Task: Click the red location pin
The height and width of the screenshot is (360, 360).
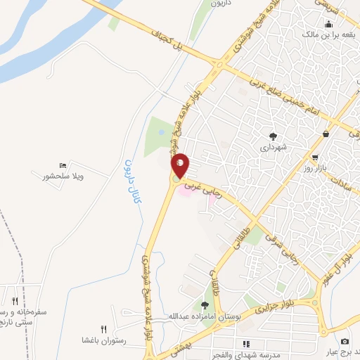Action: pyautogui.click(x=181, y=166)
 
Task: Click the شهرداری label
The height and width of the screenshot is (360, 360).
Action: pyautogui.click(x=273, y=148)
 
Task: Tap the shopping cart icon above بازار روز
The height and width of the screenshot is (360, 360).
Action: pyautogui.click(x=315, y=157)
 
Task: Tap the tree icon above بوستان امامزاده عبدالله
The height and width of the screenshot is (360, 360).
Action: pyautogui.click(x=205, y=305)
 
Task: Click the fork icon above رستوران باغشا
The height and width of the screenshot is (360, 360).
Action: pyautogui.click(x=104, y=329)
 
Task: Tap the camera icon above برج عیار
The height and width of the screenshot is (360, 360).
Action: pyautogui.click(x=344, y=341)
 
